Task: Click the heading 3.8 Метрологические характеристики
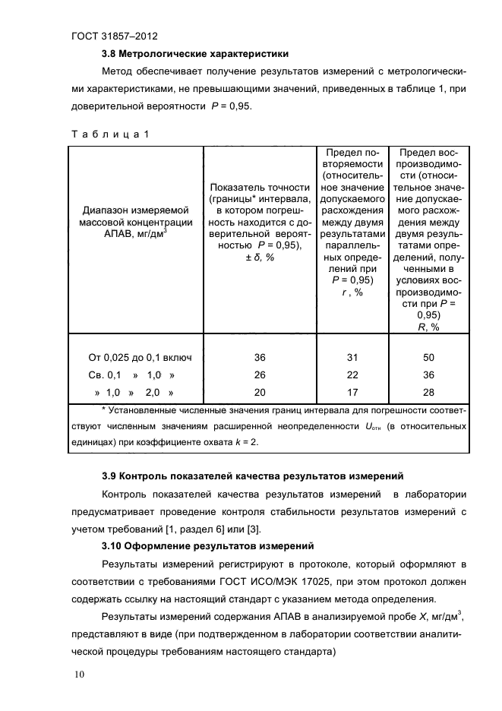pyautogui.click(x=195, y=54)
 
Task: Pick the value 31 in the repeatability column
pyautogui.click(x=350, y=357)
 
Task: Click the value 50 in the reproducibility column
pyautogui.click(x=429, y=357)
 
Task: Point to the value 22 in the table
pyautogui.click(x=350, y=374)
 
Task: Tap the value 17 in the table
pyautogui.click(x=350, y=392)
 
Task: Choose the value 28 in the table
pyautogui.click(x=429, y=392)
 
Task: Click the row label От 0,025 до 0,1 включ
pyautogui.click(x=140, y=357)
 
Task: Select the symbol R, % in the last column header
pyautogui.click(x=429, y=327)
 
